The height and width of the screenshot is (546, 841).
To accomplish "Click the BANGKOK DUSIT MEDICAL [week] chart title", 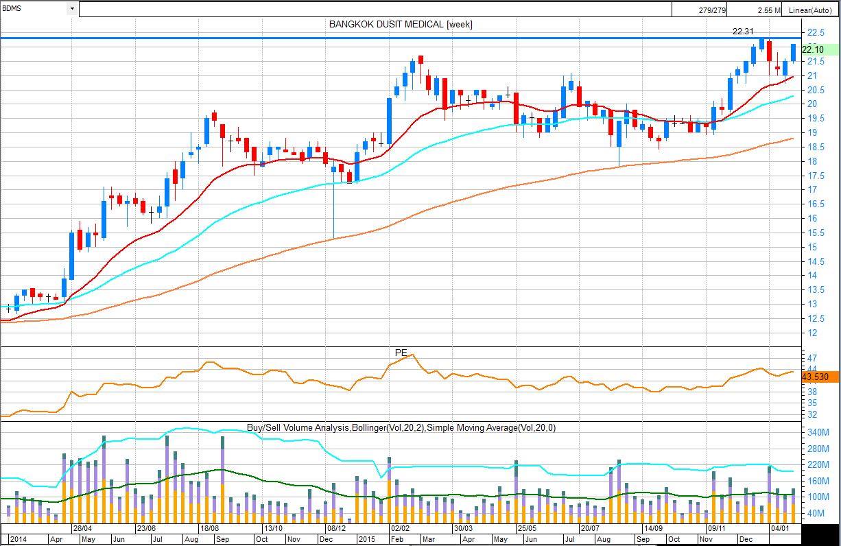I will coord(401,24).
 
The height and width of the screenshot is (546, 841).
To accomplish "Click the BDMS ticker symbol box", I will coord(34,9).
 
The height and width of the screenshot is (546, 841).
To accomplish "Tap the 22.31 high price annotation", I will coord(743,31).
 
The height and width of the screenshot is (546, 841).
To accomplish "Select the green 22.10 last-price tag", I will coord(819,49).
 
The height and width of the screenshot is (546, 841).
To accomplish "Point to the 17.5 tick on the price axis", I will coord(816,176).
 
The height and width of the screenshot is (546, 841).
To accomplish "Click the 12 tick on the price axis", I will coord(812,333).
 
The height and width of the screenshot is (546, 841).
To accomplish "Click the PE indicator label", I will coord(401,353).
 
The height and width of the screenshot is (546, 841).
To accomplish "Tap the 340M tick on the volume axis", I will coord(818,433).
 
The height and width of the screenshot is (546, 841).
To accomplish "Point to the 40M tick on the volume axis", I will coord(816,514).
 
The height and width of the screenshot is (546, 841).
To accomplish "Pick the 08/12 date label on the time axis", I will coord(336,529).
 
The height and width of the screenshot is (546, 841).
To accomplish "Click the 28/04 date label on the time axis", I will coord(82,529).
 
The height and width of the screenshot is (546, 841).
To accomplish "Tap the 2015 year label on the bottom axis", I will coord(368,539).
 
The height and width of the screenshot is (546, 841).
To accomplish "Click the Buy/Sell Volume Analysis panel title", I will coord(401,427).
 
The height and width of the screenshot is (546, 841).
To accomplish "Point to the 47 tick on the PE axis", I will coord(812,358).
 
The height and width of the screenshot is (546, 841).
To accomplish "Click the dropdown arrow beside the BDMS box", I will coord(72,9).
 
